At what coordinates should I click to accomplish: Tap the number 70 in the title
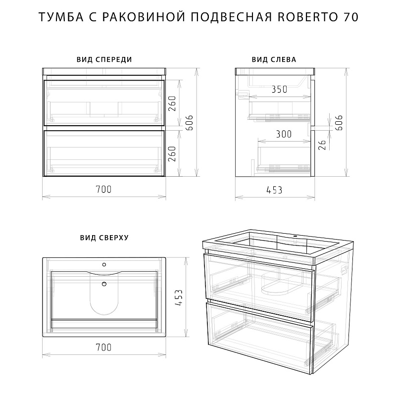click(x=350, y=17)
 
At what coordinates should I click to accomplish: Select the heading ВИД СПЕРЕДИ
click(x=104, y=59)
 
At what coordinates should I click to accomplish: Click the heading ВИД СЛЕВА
click(x=274, y=59)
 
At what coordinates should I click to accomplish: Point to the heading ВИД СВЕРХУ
click(x=104, y=238)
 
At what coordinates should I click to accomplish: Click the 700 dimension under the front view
click(x=103, y=189)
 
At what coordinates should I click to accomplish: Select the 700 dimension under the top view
click(x=103, y=347)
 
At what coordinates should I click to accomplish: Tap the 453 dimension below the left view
click(x=274, y=190)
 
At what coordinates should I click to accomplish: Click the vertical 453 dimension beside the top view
click(x=179, y=298)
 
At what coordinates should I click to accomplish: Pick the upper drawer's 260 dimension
click(x=172, y=103)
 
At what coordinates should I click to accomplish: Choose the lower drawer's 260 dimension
click(x=172, y=154)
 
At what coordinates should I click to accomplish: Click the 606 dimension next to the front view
click(x=189, y=123)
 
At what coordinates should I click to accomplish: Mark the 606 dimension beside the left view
click(x=339, y=123)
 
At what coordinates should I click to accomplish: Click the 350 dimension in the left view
click(x=279, y=89)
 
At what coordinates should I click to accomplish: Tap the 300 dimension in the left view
click(x=284, y=134)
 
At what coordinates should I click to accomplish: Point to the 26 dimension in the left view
click(x=322, y=145)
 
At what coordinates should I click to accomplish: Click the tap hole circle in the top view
click(x=104, y=264)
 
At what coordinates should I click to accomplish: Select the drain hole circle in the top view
click(x=104, y=284)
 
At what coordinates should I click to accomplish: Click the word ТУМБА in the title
click(x=61, y=17)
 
